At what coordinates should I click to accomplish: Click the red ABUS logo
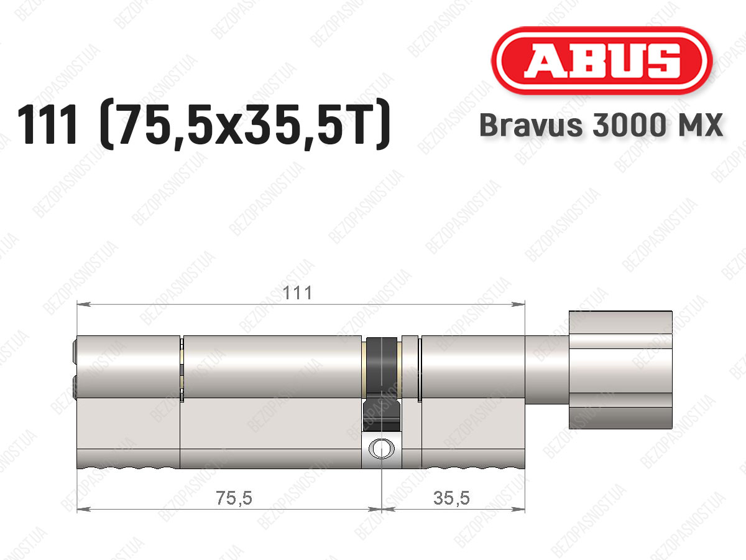pos(602,60)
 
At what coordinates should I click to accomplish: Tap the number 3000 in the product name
pos(629,125)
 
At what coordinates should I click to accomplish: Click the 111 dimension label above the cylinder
pos(297,292)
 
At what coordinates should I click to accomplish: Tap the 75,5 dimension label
pos(234,498)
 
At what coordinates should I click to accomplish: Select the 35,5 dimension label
pos(451,498)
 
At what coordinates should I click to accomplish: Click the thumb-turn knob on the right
pos(620,370)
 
